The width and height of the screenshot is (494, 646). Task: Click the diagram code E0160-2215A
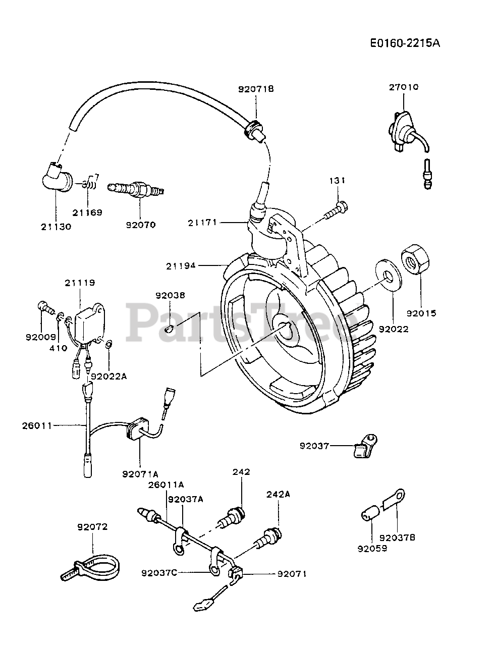pyautogui.click(x=405, y=43)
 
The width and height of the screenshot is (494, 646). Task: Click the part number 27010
pyautogui.click(x=403, y=87)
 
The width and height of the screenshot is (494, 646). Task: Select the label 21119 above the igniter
pyautogui.click(x=79, y=283)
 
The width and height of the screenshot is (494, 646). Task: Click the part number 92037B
pyautogui.click(x=397, y=537)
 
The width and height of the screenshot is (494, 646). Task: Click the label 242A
pyautogui.click(x=278, y=495)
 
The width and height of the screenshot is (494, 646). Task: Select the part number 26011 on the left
pyautogui.click(x=37, y=425)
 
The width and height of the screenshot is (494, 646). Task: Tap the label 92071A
pyautogui.click(x=140, y=473)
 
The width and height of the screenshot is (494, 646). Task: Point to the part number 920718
pyautogui.click(x=256, y=89)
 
